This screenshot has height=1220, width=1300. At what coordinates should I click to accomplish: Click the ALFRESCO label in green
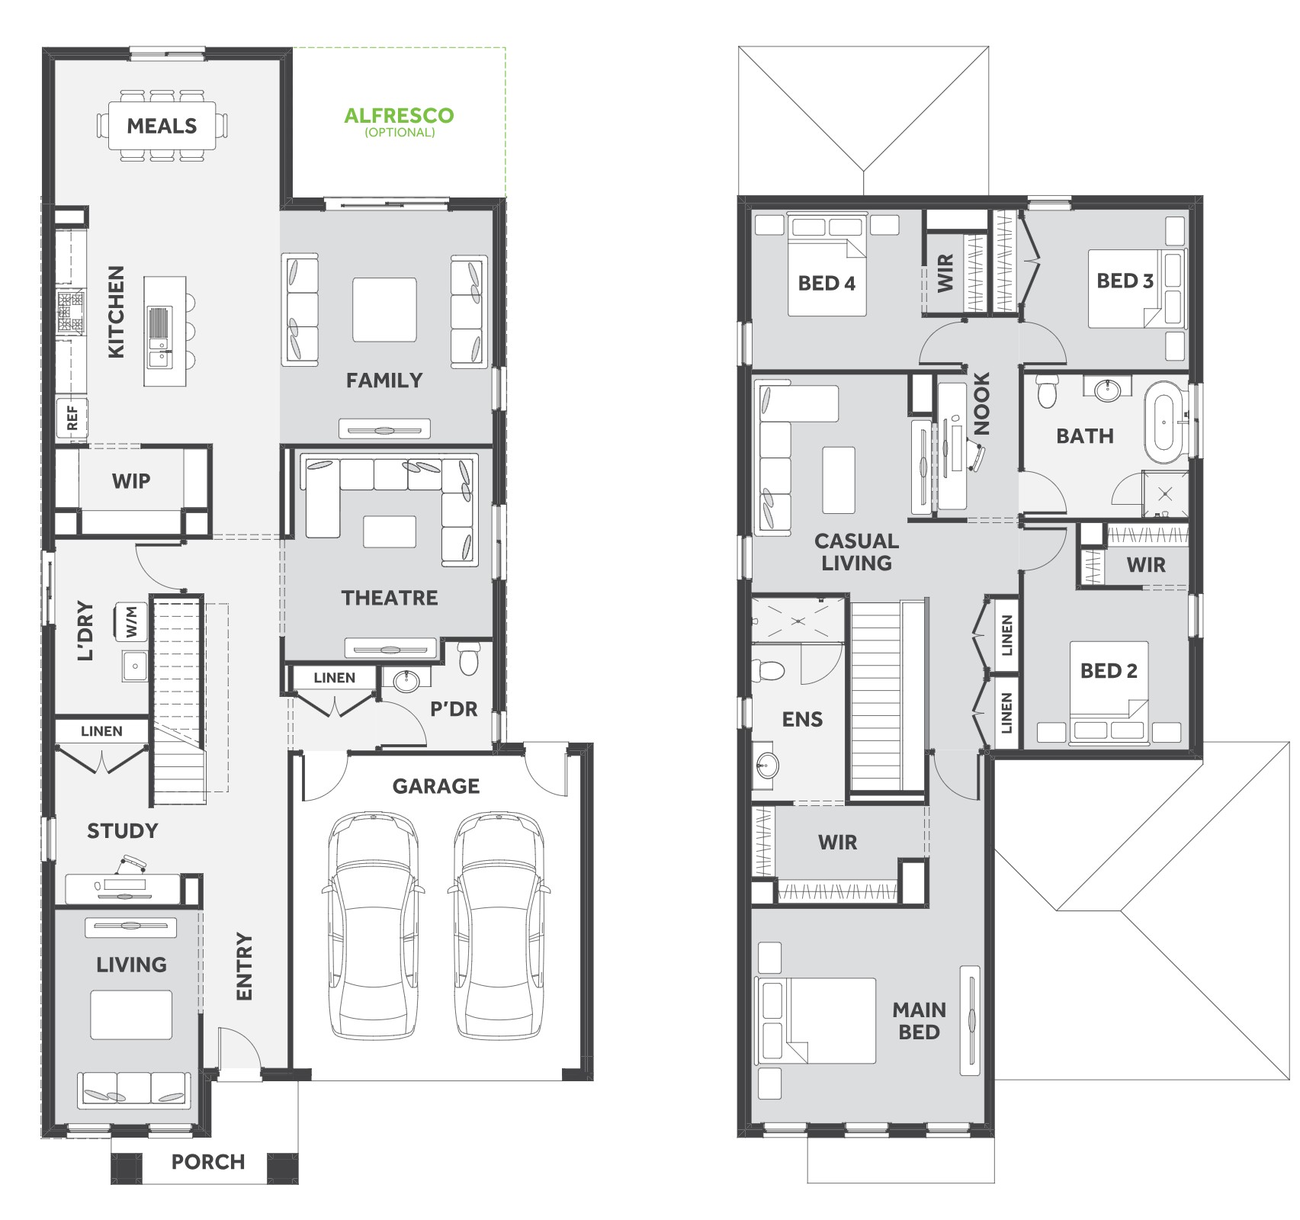click(399, 115)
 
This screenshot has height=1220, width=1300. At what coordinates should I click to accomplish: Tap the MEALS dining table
click(162, 126)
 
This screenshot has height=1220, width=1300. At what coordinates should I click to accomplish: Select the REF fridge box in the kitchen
click(72, 417)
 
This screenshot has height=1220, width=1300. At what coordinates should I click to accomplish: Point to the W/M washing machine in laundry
click(130, 622)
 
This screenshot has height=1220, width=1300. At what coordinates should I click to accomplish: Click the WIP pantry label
click(131, 481)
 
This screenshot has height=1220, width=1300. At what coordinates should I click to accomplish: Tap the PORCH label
click(208, 1162)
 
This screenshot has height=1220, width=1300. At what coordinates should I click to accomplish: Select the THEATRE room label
click(390, 598)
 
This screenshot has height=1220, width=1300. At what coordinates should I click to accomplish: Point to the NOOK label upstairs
click(982, 403)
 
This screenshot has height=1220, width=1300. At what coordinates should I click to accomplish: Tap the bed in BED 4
click(827, 265)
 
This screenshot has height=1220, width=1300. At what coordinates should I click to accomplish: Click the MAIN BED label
click(919, 1021)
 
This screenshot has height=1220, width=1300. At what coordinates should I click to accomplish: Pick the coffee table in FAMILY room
click(384, 310)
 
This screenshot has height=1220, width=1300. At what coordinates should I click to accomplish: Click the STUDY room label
click(122, 830)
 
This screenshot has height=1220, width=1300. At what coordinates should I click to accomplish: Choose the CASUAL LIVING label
click(856, 552)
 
